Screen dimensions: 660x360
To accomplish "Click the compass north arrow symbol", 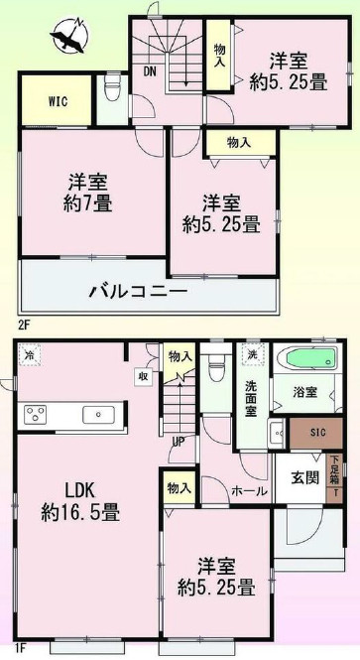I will (x=68, y=37).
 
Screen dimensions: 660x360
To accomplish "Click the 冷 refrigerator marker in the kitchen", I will (x=30, y=355).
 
